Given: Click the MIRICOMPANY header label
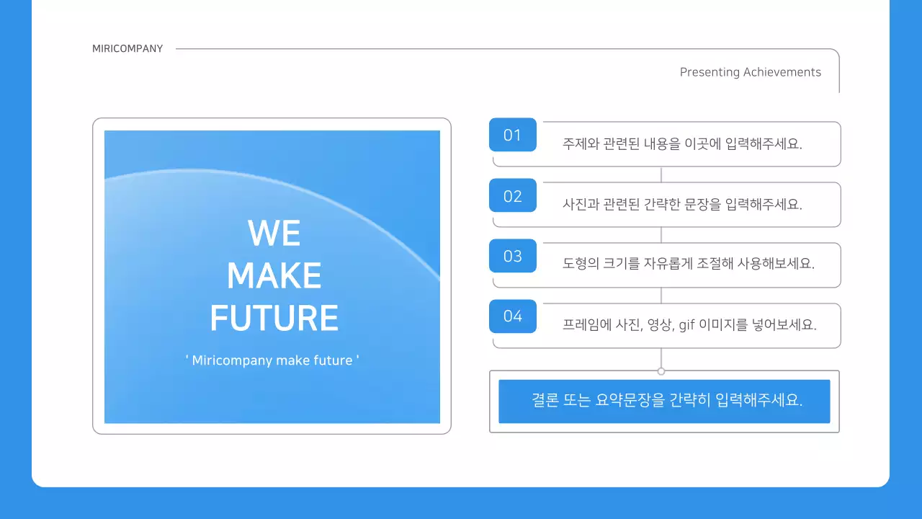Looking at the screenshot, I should point(127,49).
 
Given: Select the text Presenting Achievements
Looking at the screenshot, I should point(750,72).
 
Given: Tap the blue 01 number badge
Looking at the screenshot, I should point(512,135).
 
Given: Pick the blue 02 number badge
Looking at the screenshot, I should point(512,195).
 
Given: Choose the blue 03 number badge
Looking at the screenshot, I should point(512,256).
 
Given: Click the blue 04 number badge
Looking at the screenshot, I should point(512,316).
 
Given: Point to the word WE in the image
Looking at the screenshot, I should point(274,233).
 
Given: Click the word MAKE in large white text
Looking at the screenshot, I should point(274,275).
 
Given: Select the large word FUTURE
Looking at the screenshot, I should point(274,318).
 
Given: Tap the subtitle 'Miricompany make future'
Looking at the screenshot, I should point(272,360).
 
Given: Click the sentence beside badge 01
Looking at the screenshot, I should point(682,143).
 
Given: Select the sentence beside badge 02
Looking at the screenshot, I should point(682,204).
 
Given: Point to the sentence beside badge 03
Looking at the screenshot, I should point(688,263).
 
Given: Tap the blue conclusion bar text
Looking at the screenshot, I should point(667,400).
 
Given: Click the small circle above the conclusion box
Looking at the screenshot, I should point(661,371).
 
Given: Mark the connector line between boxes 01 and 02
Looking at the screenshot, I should point(661,174).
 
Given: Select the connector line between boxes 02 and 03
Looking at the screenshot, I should point(661,235).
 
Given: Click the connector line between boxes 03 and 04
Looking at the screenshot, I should point(661,296).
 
